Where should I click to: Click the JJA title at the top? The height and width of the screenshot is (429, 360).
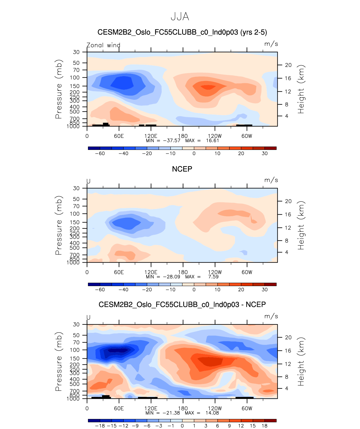point(180,17)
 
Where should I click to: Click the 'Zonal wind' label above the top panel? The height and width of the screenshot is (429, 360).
point(103,45)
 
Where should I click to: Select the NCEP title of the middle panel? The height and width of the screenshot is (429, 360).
point(182,169)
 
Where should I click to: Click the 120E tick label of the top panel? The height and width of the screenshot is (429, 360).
point(151,136)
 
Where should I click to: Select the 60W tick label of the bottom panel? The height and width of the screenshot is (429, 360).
point(247,409)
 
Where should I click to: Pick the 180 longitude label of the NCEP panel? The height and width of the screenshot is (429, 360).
point(183,272)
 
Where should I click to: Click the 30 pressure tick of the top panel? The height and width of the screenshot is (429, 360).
point(76,52)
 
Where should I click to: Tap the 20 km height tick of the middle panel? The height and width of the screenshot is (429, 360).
point(288,201)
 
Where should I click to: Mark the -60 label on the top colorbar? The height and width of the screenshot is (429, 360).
point(100,154)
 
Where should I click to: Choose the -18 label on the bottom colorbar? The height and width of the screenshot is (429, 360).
point(100,426)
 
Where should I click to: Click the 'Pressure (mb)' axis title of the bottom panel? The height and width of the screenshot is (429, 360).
point(59,361)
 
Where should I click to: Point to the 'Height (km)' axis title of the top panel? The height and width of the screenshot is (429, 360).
point(301,89)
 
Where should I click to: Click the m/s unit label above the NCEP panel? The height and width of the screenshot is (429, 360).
point(271,180)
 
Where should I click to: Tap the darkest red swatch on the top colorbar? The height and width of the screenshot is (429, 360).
point(270,148)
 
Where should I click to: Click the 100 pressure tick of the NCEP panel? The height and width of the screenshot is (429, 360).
point(75,214)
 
